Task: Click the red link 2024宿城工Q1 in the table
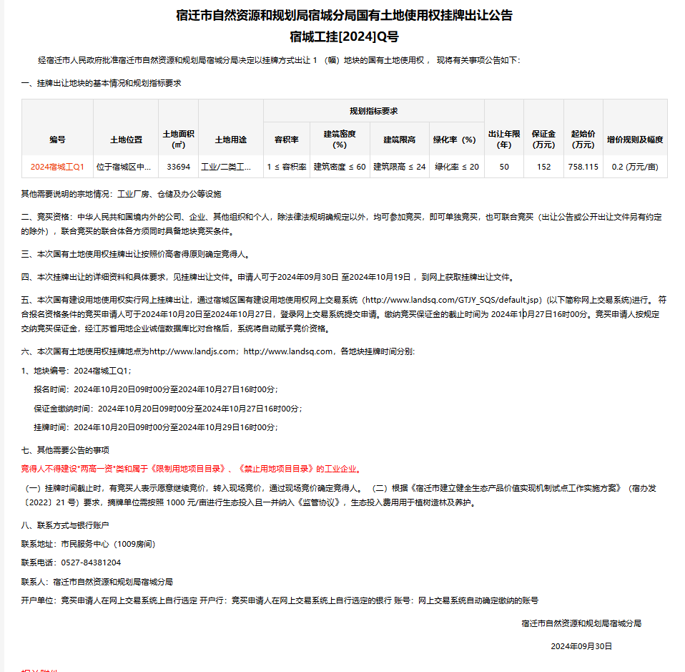[57, 167]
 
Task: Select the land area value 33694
[178, 167]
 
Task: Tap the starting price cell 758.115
[583, 167]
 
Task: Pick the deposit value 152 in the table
[543, 167]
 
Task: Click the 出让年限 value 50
[504, 167]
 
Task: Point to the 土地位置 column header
[126, 140]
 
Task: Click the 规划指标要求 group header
[373, 111]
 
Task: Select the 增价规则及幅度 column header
[635, 140]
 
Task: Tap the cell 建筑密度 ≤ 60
[340, 167]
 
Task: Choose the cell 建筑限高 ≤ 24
[399, 167]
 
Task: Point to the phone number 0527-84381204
[91, 563]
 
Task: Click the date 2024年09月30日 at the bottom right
[581, 646]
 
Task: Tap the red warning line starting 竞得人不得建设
[190, 469]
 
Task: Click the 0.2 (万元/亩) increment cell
[635, 167]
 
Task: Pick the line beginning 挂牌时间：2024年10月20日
[155, 427]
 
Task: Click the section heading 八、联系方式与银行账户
[65, 525]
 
